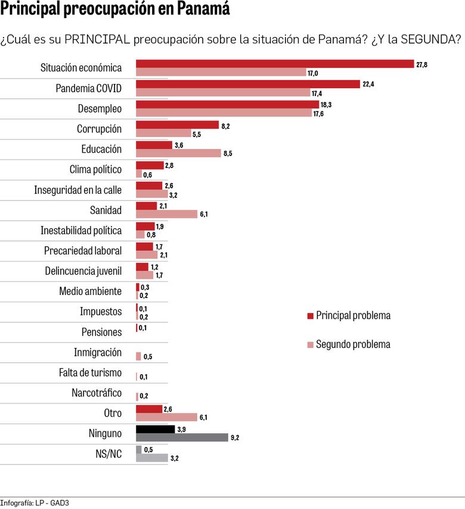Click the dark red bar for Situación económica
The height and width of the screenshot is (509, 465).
click(x=275, y=64)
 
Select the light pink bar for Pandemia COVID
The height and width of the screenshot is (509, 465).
click(x=223, y=93)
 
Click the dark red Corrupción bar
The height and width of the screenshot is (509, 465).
click(x=177, y=125)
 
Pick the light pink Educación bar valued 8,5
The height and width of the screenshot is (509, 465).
click(x=178, y=153)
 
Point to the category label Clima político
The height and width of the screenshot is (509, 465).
click(x=95, y=169)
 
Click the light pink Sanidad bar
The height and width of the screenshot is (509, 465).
click(x=166, y=214)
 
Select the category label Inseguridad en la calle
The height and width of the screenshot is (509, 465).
click(x=77, y=190)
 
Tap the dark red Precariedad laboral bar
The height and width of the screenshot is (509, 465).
click(x=144, y=246)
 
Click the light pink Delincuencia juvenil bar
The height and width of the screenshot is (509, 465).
click(x=144, y=275)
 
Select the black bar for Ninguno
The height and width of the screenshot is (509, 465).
click(x=155, y=429)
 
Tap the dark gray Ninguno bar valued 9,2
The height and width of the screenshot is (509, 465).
click(x=182, y=437)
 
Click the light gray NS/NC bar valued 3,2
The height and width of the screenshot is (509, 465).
click(x=151, y=458)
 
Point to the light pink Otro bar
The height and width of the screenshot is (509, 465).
click(x=166, y=417)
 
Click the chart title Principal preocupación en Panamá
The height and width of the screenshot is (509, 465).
click(x=115, y=10)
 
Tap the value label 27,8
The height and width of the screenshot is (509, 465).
click(x=421, y=64)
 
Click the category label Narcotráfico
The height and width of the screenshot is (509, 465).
click(x=96, y=393)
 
